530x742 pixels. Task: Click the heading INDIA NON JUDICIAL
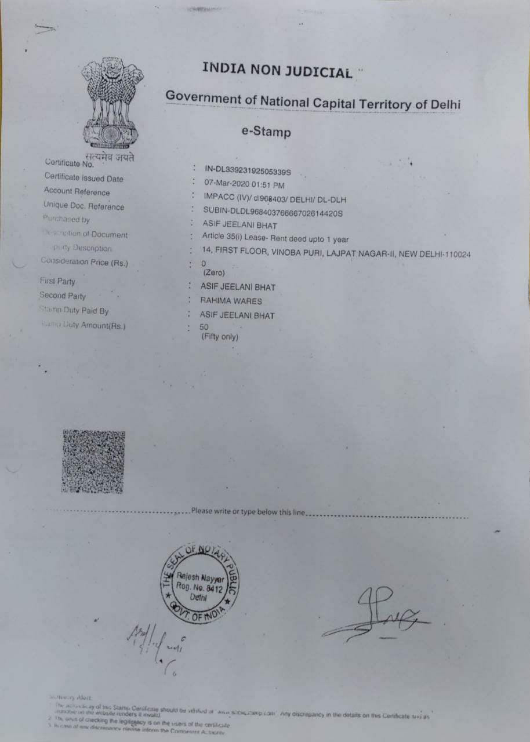(x=277, y=70)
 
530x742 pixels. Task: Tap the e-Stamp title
(x=266, y=132)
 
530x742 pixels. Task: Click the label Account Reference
(x=77, y=192)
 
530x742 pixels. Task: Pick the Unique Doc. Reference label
(x=84, y=206)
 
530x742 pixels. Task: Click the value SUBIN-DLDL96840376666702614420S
(x=273, y=213)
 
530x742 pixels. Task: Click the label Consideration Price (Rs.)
(x=84, y=262)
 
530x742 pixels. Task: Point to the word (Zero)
(x=213, y=272)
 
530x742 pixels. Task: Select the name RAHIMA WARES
(x=231, y=301)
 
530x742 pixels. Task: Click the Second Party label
(x=62, y=296)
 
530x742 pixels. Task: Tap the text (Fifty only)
(x=220, y=337)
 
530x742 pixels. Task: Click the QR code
(x=93, y=461)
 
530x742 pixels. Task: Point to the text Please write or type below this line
(x=247, y=511)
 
